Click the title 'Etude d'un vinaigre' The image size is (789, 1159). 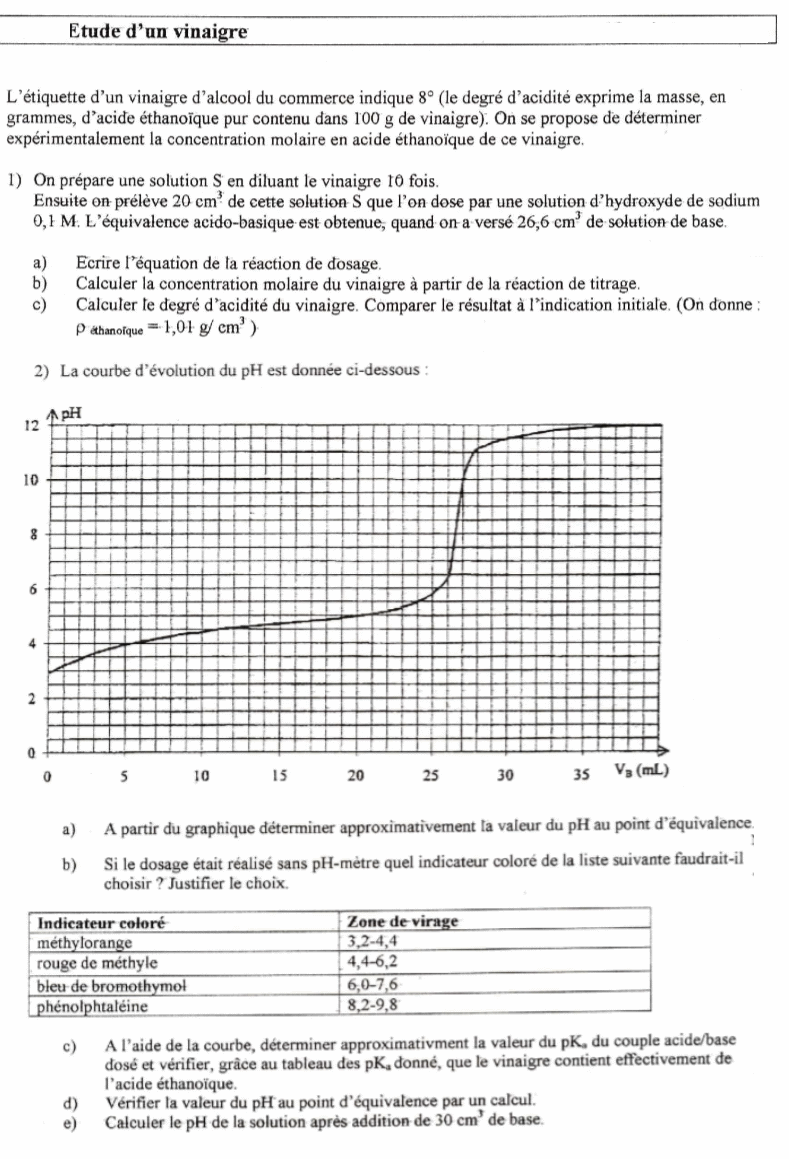pyautogui.click(x=157, y=32)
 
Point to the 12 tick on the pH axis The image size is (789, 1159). pyautogui.click(x=32, y=425)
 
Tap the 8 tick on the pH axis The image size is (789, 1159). pyautogui.click(x=33, y=534)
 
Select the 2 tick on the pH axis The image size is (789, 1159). pyautogui.click(x=33, y=697)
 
